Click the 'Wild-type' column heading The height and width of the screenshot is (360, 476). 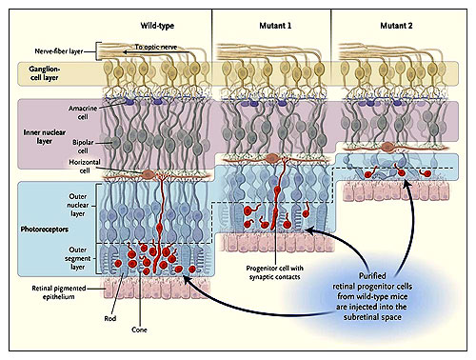pos(157,26)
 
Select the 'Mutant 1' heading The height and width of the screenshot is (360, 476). pos(275,26)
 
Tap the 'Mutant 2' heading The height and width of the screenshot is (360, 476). pos(396,26)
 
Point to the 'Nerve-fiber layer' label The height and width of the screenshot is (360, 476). pos(59,51)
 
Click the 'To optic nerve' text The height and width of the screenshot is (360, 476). pos(156,47)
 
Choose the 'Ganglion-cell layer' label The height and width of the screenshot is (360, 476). pos(44,73)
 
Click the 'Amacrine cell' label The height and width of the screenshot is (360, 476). pos(83,112)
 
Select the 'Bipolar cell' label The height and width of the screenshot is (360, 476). pos(83,147)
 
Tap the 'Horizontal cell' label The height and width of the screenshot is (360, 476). pos(85,167)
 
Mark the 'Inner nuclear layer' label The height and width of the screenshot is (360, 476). pos(45,137)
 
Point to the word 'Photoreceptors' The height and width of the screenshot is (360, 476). pos(45,230)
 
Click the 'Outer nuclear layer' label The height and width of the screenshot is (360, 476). pos(78,205)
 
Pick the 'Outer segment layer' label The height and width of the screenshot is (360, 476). pos(78,258)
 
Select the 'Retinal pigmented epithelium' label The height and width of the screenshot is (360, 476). pos(59,292)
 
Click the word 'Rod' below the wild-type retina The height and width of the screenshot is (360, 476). pos(110,318)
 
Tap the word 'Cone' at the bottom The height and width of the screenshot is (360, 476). pos(139,330)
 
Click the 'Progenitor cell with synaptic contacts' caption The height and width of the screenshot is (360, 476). pos(274,272)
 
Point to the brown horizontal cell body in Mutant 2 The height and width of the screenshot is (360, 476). pos(387,148)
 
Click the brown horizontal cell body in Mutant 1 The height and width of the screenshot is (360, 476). pos(271,158)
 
